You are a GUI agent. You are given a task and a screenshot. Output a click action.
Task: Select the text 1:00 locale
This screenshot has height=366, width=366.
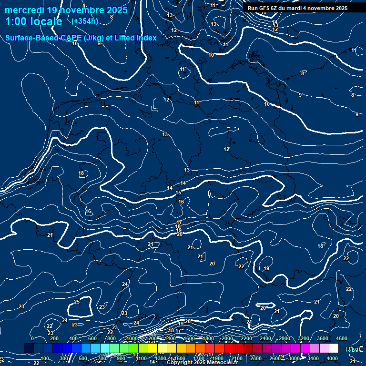coord(33,22)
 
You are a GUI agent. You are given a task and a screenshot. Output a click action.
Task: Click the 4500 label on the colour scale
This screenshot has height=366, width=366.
coord(341,338)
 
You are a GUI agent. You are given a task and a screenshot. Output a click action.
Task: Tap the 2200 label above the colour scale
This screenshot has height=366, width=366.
coord(246,338)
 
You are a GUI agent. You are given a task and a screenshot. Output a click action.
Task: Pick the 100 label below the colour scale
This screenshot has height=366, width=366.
coord(45,358)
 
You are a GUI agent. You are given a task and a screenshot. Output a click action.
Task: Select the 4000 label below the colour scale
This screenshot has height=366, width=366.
coord(332,358)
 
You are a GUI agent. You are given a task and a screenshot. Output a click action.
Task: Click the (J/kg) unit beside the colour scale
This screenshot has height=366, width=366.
coord(353,349)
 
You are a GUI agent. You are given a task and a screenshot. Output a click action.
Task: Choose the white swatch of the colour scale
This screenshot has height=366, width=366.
coord(334,348)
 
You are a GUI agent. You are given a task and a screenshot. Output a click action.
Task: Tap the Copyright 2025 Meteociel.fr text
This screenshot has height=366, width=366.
coord(202,363)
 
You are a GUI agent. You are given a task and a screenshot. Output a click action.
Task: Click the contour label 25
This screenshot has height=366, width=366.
coord(77,302)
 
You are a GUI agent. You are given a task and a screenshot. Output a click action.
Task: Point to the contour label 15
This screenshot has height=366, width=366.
coord(178,193)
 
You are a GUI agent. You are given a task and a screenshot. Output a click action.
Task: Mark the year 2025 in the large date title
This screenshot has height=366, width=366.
coord(115,10)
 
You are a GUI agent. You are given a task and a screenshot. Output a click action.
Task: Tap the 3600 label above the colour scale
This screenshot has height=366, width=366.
coord(323,338)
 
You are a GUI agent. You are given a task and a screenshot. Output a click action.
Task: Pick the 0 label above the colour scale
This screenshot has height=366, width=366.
coord(32,338)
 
